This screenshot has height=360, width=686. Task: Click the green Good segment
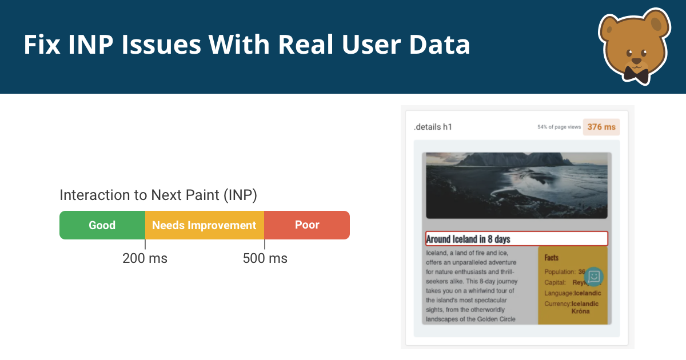(x=102, y=225)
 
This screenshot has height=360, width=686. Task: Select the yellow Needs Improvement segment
(x=204, y=225)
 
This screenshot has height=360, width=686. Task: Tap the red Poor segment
(x=307, y=225)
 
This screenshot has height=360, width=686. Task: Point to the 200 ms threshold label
(x=145, y=258)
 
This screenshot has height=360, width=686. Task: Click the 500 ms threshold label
(x=265, y=258)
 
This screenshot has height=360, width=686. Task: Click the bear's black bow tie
(x=635, y=74)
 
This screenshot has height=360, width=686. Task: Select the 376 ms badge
(x=601, y=127)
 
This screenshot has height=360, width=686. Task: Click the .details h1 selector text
(x=433, y=127)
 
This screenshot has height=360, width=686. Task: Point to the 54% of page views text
(x=559, y=127)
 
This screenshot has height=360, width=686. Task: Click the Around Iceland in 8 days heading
(x=468, y=239)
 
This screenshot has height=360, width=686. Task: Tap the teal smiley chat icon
(x=594, y=277)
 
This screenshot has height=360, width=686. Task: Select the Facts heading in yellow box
(x=552, y=258)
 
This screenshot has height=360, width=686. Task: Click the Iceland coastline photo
(x=516, y=185)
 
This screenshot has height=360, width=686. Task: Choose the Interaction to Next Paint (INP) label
(x=158, y=195)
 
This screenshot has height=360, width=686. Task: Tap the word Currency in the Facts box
(x=557, y=304)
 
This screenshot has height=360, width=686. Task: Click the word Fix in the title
(x=41, y=45)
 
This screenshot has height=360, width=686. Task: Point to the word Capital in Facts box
(x=555, y=282)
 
